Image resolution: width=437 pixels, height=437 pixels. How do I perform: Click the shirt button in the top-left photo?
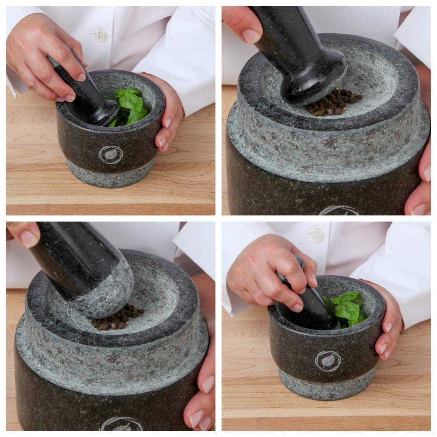pos(101,35)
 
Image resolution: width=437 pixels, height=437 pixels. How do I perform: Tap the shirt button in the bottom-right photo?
pos(316,236)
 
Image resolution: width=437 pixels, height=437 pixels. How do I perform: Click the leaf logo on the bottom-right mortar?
pos(328,361)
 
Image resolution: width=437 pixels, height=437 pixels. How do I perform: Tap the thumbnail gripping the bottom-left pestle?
pos(29,239)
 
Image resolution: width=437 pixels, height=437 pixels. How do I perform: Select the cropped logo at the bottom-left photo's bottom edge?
pos(121,424)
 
